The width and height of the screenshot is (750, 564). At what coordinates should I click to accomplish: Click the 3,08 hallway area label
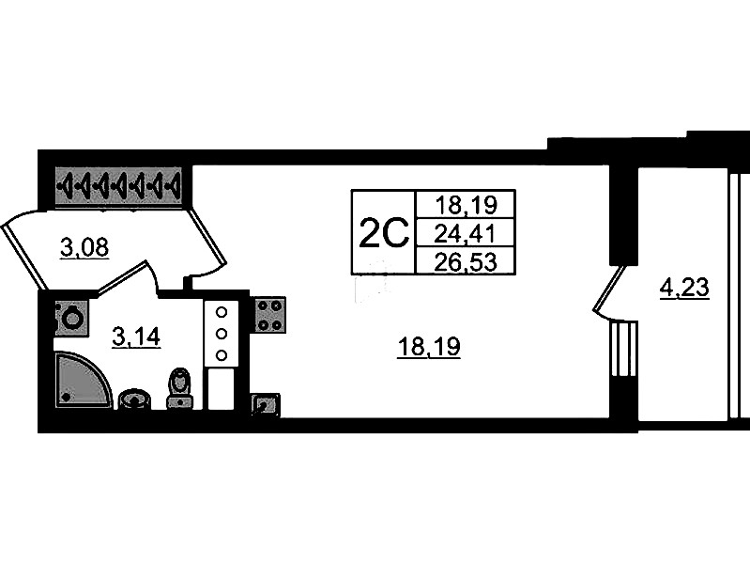(85, 248)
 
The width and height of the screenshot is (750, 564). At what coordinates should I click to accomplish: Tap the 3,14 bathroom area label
(136, 337)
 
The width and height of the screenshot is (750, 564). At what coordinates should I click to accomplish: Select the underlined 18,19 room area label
(429, 347)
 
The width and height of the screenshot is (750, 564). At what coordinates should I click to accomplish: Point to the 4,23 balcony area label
(684, 289)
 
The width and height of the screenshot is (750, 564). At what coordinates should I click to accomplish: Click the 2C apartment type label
(384, 232)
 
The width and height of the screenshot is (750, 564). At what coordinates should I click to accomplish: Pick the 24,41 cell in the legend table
(466, 234)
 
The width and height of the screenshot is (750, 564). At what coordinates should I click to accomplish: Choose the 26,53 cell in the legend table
(466, 261)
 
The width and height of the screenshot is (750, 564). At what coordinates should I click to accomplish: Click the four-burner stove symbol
(269, 314)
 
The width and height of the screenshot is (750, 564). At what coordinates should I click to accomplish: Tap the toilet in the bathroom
(179, 389)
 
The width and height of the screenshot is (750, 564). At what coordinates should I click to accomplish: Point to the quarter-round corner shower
(82, 381)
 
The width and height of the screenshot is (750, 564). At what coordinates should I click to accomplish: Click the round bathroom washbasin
(135, 400)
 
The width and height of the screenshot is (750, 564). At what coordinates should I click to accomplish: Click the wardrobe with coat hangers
(118, 185)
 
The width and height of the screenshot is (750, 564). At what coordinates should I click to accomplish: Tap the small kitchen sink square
(265, 405)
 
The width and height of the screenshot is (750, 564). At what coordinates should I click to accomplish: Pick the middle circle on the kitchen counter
(221, 334)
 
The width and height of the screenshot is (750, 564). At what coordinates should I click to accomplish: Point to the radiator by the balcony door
(623, 349)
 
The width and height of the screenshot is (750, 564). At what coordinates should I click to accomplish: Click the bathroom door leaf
(122, 277)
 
